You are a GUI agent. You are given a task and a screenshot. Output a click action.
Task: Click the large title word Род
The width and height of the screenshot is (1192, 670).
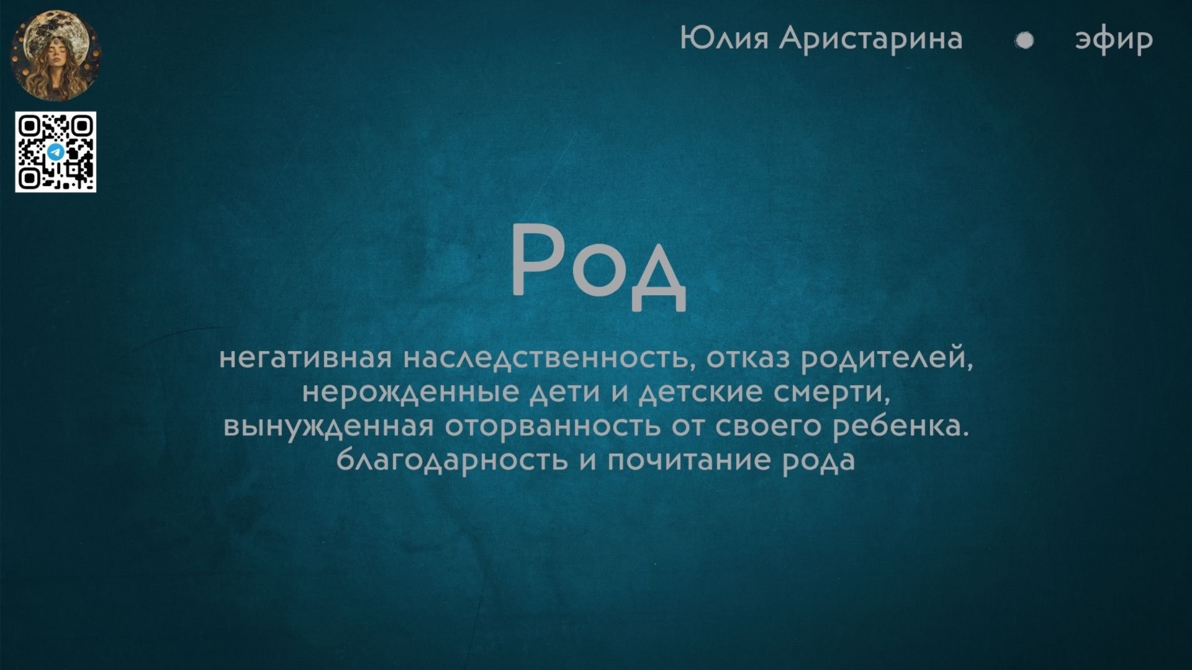[598, 266]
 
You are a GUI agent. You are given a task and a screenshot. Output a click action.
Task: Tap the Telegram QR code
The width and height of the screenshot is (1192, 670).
[55, 152]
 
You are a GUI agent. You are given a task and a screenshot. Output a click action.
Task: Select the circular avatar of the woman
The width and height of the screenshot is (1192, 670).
[56, 55]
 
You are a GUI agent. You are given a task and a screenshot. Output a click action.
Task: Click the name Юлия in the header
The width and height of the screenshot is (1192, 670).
[725, 38]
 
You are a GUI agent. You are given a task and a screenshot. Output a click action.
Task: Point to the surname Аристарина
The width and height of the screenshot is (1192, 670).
[870, 38]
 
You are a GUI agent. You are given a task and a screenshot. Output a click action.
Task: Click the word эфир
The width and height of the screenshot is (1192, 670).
[1114, 40]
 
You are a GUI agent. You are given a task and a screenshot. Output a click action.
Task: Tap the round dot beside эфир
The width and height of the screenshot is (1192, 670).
[1024, 40]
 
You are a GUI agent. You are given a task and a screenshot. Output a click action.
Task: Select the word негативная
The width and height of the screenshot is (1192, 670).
[305, 359]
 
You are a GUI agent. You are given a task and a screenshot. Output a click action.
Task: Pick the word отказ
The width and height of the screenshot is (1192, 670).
[748, 359]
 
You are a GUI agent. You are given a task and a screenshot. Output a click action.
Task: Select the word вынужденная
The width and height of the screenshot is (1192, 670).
[328, 427]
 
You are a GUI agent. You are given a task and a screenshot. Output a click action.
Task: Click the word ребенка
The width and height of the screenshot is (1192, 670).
[900, 427]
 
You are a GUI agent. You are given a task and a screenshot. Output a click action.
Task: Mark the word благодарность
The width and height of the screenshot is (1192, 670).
[452, 460]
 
